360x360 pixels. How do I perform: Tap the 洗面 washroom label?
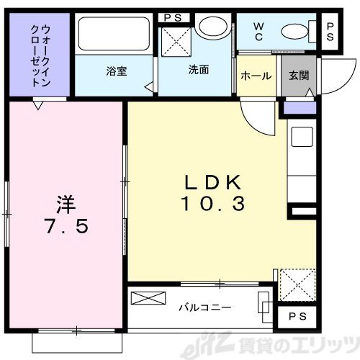point(198,71)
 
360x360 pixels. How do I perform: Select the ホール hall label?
point(256,76)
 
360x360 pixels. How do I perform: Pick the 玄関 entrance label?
point(297,76)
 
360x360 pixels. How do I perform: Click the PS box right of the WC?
point(330,32)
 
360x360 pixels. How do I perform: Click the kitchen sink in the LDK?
point(301,136)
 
